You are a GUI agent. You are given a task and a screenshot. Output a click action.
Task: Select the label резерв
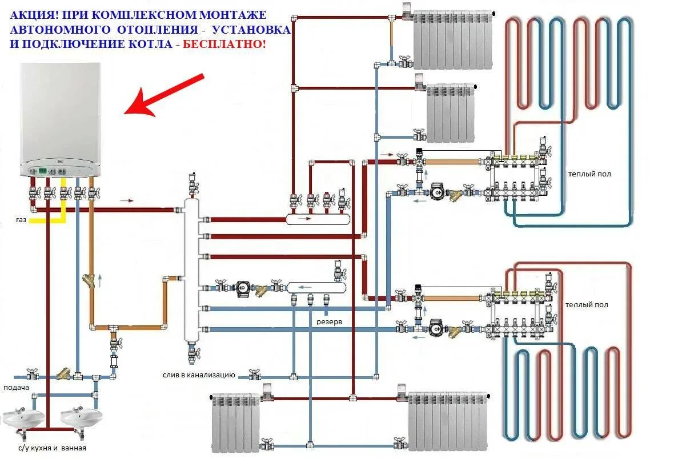click(x=330, y=321)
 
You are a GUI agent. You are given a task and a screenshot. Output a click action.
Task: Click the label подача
click(x=16, y=387)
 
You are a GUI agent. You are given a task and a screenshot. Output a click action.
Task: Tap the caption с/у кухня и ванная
click(x=52, y=448)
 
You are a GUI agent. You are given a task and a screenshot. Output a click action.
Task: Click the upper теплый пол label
click(x=589, y=174)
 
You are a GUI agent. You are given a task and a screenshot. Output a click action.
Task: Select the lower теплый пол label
click(x=587, y=305)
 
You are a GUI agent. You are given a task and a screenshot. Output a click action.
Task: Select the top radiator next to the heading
click(x=454, y=39)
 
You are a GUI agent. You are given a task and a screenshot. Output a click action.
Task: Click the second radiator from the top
click(x=451, y=112)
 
